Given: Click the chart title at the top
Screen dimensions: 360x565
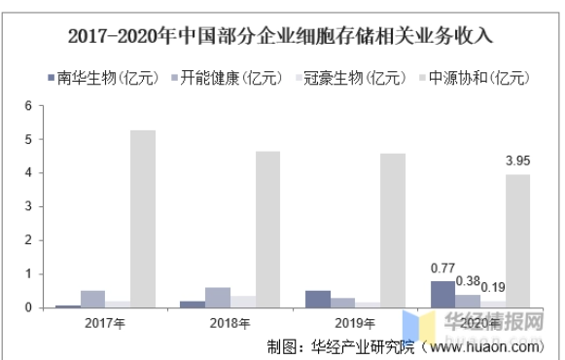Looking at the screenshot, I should pos(282,37).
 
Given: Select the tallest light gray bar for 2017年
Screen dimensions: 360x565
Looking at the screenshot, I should pos(143,219).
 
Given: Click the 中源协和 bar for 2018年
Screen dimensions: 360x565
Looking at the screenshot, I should pos(267,230).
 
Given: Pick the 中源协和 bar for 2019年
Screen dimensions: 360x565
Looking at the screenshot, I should pos(393,231).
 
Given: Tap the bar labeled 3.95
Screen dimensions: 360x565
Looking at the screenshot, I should pos(517,241).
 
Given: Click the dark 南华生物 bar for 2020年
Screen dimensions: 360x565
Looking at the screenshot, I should pos(442,295).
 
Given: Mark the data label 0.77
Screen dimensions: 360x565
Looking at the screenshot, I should pos(443,266).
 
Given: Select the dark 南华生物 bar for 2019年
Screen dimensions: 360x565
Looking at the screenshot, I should pos(318,300).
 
